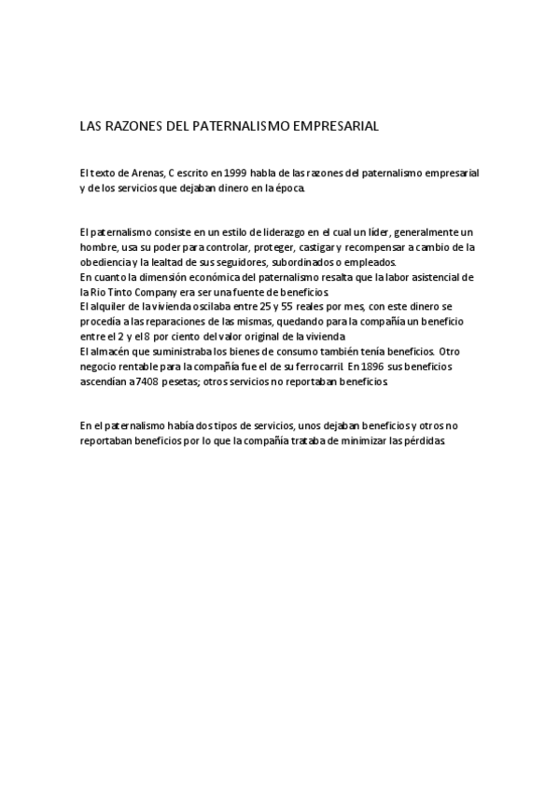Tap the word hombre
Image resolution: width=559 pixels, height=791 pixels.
click(98, 247)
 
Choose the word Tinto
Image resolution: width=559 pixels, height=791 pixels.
click(120, 292)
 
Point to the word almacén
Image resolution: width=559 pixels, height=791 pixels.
click(111, 351)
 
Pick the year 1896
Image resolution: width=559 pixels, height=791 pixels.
click(372, 367)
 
